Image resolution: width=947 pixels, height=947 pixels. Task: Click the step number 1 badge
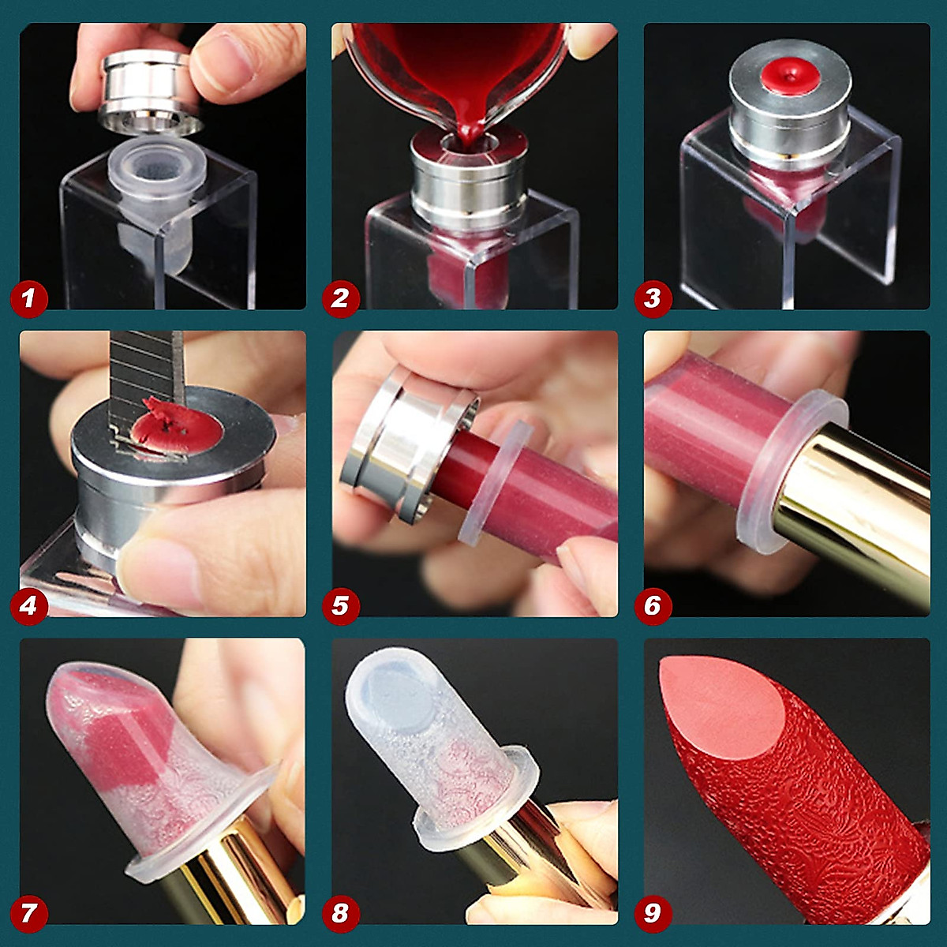coord(29,298)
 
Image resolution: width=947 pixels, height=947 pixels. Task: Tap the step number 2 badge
coord(340,298)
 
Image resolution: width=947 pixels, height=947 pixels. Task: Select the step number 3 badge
coord(652,298)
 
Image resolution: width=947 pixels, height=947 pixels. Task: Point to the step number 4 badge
coord(29,605)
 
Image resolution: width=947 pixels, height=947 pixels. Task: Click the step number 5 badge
coord(340,605)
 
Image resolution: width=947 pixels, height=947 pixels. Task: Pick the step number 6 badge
coord(652,605)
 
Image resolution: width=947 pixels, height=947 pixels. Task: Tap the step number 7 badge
coord(29,913)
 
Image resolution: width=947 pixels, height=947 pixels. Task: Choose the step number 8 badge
coord(340,913)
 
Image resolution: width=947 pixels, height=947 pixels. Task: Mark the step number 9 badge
coord(652,913)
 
